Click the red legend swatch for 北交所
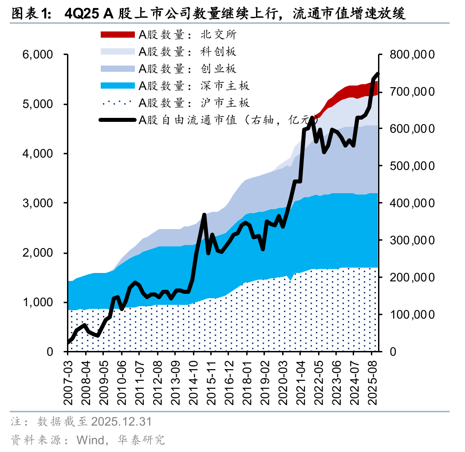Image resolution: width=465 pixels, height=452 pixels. click(117, 35)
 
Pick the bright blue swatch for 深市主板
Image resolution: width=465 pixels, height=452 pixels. click(117, 86)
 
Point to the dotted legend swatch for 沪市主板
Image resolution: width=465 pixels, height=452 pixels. click(117, 103)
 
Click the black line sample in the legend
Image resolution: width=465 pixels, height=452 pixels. click(117, 120)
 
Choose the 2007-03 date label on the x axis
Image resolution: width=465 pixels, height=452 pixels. click(68, 380)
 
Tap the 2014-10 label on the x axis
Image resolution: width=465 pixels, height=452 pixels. click(193, 380)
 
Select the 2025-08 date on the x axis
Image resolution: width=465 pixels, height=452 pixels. click(372, 380)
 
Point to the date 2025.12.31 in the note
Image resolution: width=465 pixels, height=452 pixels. click(121, 421)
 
